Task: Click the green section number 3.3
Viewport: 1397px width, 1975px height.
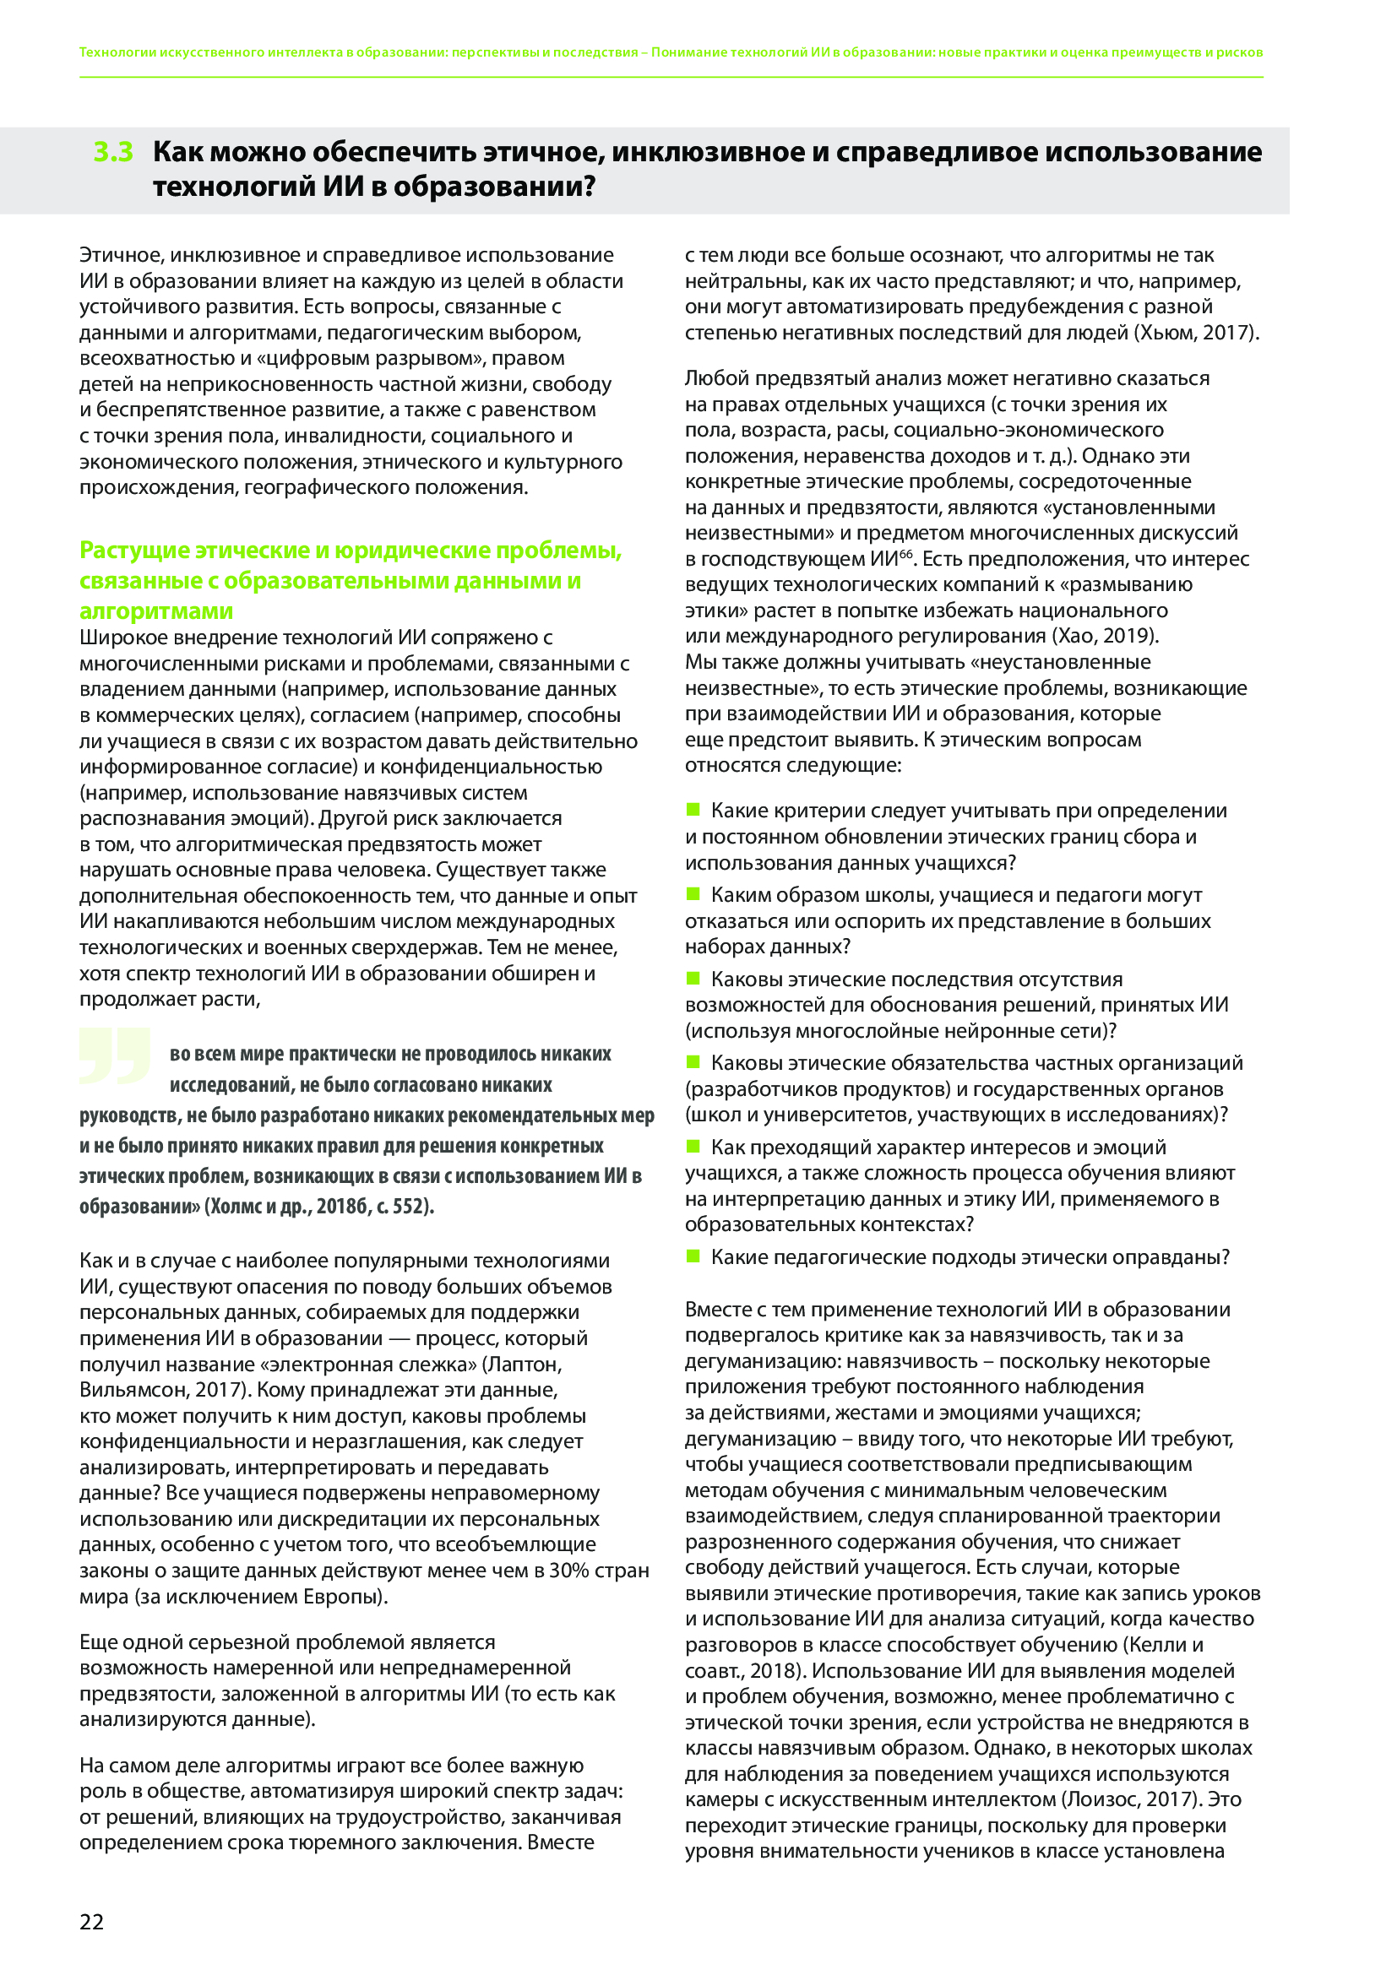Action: click(113, 151)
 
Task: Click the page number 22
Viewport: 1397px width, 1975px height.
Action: click(91, 1922)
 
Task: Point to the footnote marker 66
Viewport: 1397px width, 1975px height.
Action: click(905, 555)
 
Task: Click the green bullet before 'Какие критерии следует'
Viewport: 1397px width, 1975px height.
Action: click(693, 810)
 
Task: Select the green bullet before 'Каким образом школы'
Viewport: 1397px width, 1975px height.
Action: click(693, 893)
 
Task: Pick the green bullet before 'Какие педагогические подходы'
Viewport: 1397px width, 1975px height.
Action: click(693, 1256)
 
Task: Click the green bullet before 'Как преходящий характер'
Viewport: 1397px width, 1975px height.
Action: click(693, 1146)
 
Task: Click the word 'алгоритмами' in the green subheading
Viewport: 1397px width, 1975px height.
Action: click(156, 611)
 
